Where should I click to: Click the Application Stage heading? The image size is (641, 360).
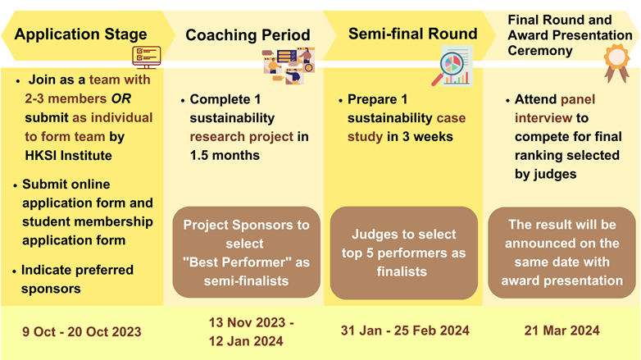pos(80,34)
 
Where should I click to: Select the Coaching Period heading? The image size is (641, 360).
pos(248,35)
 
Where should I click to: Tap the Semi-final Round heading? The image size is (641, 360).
pos(412,34)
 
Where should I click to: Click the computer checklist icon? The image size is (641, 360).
pos(147,57)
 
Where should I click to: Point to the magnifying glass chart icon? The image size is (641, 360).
pos(452,66)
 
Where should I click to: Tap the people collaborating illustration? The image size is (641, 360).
pos(289,66)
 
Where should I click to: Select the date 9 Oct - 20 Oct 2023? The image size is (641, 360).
pos(82,331)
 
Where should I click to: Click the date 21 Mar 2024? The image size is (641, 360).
pos(562,330)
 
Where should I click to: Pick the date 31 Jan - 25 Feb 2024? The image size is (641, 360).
pos(405,330)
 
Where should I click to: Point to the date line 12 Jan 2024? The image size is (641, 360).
pos(246,341)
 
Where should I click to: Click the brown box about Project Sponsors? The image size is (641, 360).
pos(247,253)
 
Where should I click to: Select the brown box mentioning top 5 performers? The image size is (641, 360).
pos(404,253)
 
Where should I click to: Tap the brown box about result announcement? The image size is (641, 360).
pos(562,253)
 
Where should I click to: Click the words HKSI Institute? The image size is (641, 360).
pos(68,156)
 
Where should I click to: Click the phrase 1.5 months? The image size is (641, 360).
pos(225,156)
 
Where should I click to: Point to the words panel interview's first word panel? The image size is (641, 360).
pos(578,99)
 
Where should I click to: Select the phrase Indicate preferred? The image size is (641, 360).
pos(77,270)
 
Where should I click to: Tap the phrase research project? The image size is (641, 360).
pos(242,137)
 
